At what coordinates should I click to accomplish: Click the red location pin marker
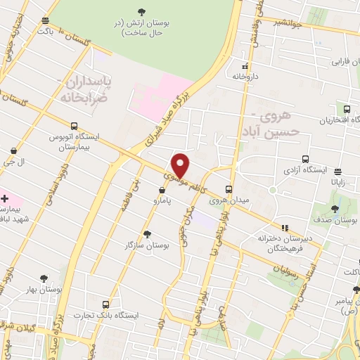[181, 165]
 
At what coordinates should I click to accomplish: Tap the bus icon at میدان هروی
[229, 189]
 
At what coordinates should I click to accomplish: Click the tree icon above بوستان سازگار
[146, 234]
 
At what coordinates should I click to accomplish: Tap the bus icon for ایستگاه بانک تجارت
[105, 305]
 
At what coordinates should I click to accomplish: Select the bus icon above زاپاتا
[338, 171]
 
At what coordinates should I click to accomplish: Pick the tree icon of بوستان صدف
[335, 209]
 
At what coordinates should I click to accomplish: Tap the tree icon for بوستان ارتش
[143, 11]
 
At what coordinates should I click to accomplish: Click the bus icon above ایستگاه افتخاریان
[347, 109]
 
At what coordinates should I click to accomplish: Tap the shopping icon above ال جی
[15, 150]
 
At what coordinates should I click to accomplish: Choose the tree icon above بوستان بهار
[44, 278]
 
